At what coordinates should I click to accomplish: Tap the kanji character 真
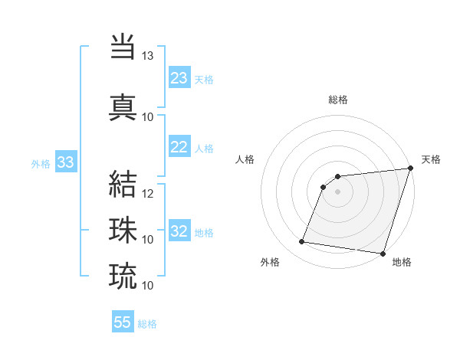tap(123, 106)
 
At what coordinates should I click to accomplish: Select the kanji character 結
tap(123, 182)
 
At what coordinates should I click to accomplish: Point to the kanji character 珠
tap(123, 229)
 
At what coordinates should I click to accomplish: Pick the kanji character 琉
tap(123, 275)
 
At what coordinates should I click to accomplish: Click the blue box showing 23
tap(179, 77)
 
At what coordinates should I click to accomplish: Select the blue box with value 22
tap(179, 147)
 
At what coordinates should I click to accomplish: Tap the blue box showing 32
tap(179, 231)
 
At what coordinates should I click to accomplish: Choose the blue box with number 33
tap(65, 162)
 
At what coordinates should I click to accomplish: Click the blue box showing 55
tap(123, 322)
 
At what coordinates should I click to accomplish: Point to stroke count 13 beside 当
tap(147, 56)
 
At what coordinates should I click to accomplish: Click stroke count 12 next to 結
tap(148, 193)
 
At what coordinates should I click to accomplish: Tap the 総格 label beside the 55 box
tap(147, 324)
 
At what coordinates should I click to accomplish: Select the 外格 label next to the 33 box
tap(41, 163)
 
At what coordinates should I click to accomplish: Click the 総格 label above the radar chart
tap(338, 100)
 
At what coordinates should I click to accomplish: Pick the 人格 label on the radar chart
tap(245, 159)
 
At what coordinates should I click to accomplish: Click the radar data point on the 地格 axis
tap(383, 254)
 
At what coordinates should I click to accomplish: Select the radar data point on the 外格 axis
tap(301, 242)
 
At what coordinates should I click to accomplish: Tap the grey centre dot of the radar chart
tap(338, 191)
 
